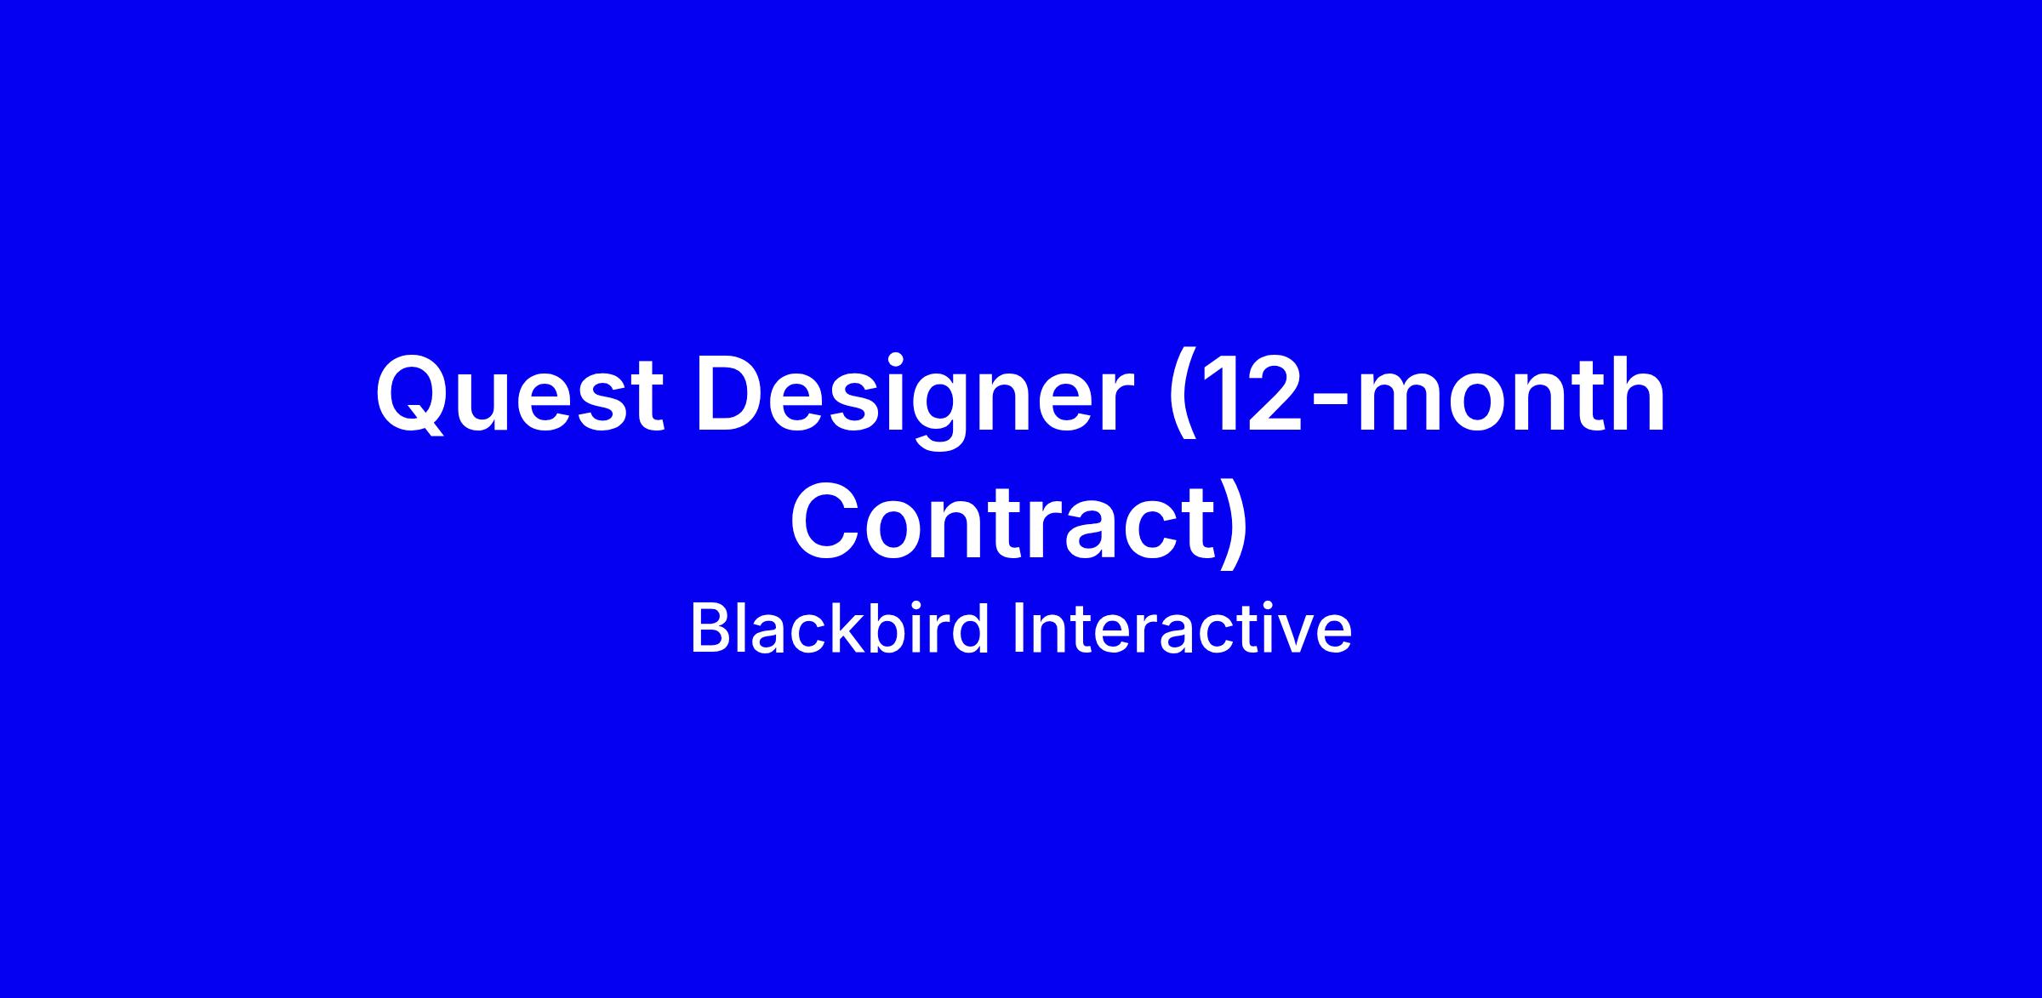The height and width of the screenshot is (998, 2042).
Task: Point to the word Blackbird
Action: pyautogui.click(x=840, y=629)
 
